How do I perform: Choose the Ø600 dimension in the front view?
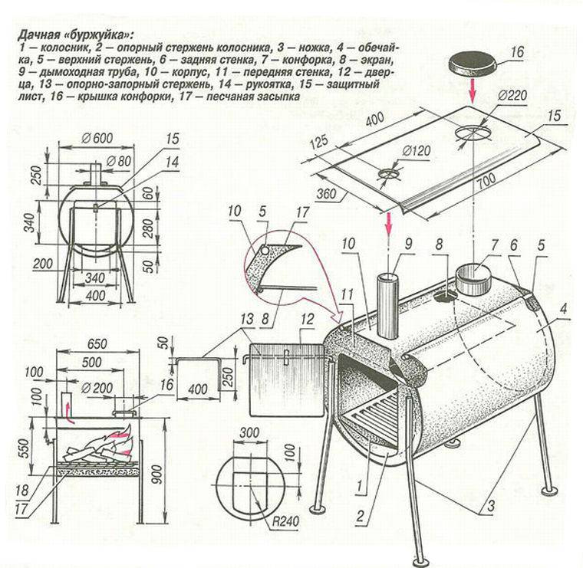[96, 139]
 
